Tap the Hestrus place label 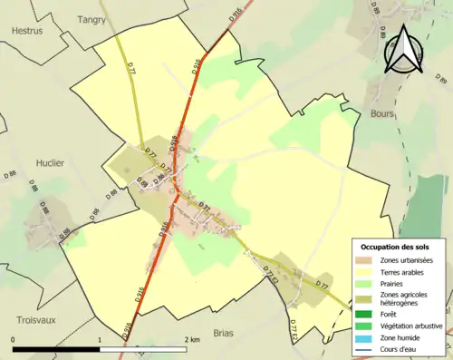[27, 30]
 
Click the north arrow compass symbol [405, 48]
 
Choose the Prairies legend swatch [363, 284]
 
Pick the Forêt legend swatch [363, 315]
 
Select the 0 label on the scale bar [14, 339]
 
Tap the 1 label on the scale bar [100, 339]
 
